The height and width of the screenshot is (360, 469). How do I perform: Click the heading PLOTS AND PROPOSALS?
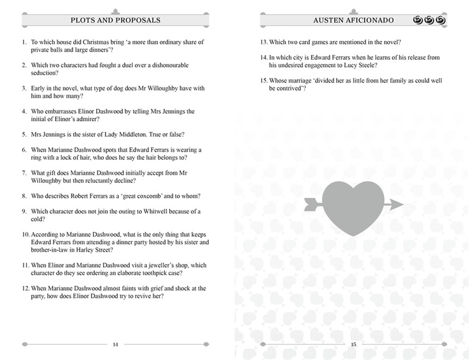(116, 20)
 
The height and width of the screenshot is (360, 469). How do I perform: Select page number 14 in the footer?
(115, 344)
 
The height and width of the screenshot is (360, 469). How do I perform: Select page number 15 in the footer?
(353, 344)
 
